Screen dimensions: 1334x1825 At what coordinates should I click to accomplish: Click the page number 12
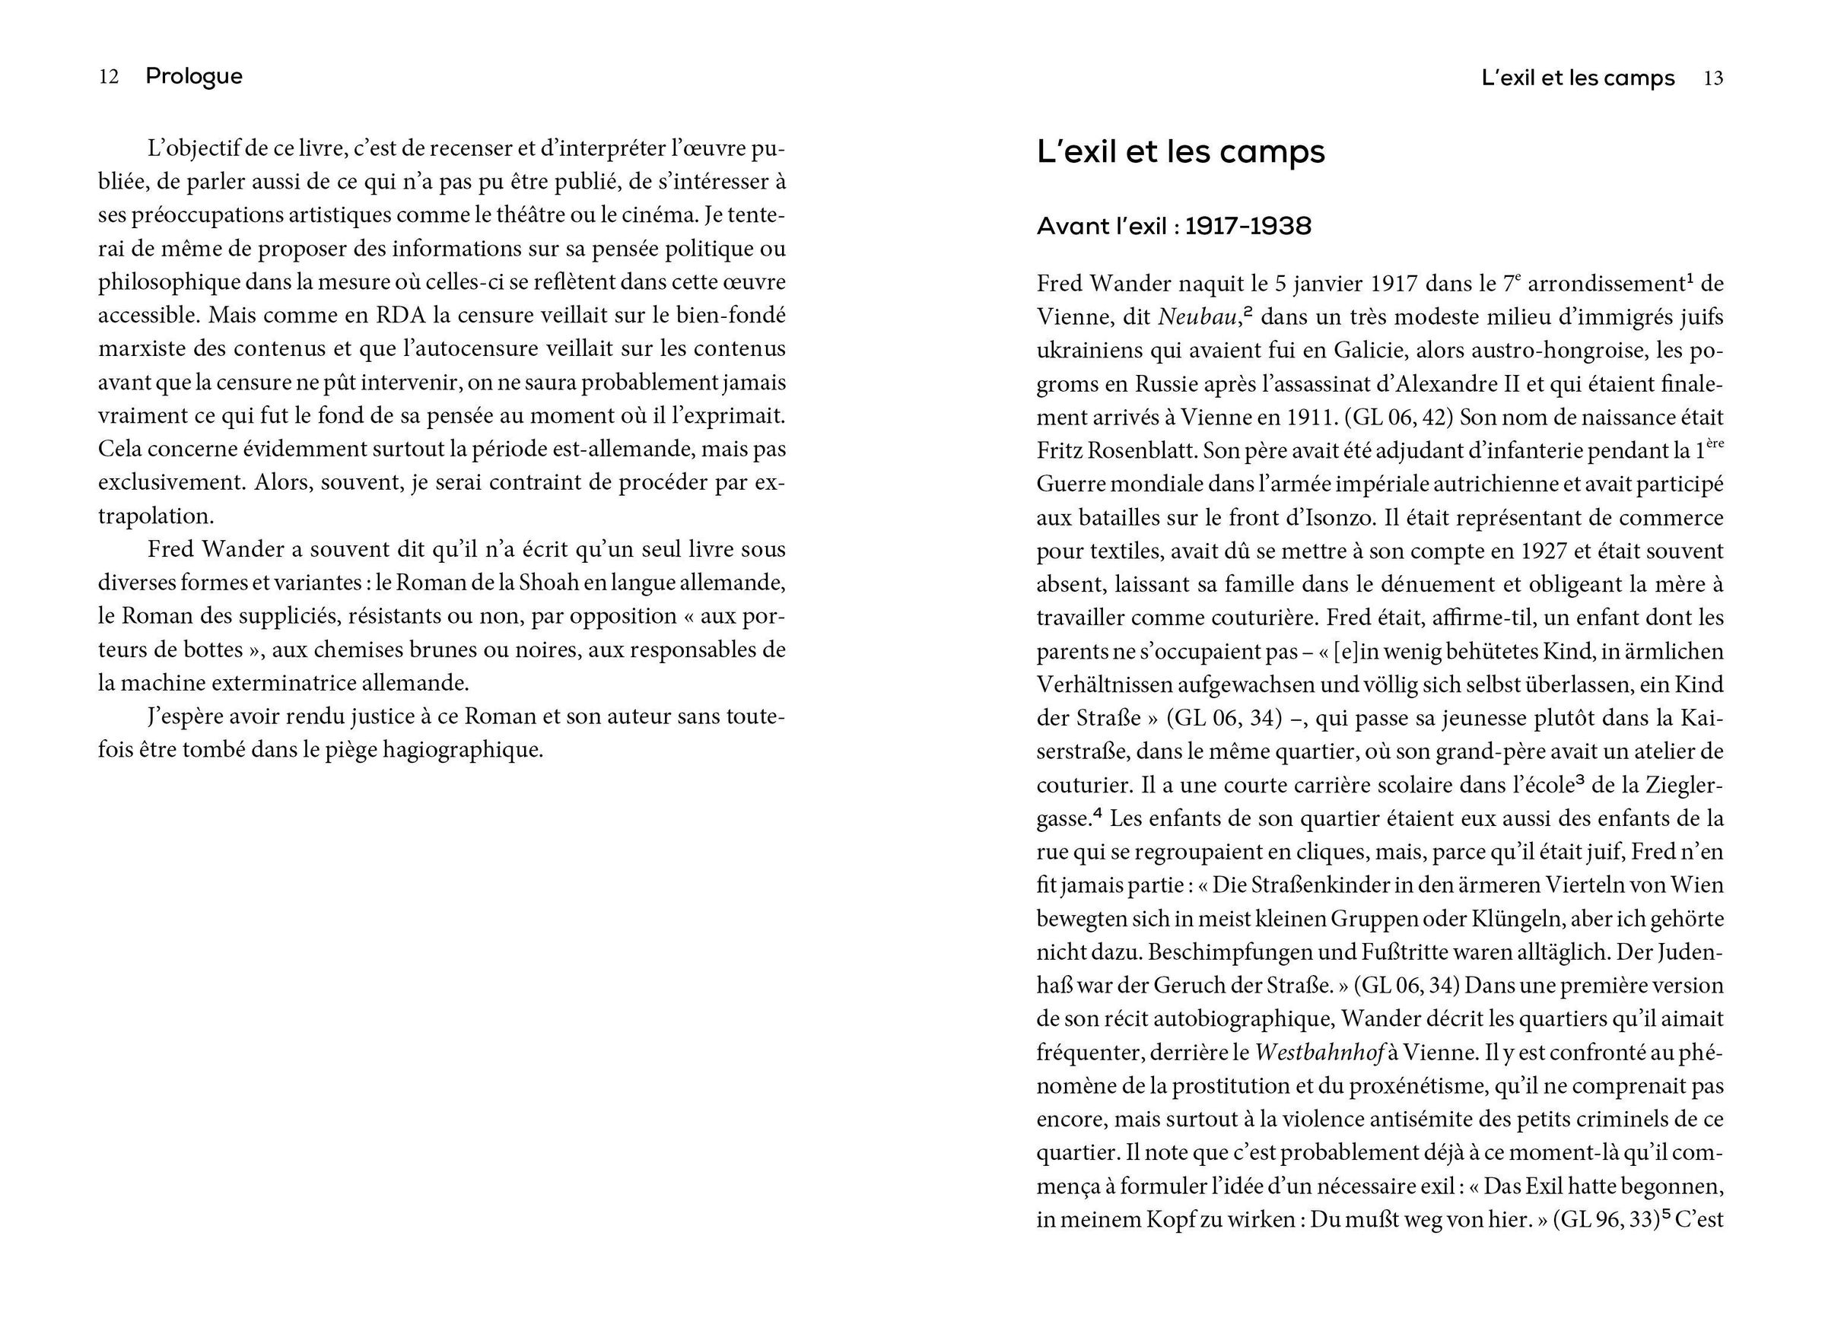pyautogui.click(x=109, y=77)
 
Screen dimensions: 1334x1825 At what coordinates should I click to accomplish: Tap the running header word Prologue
pyautogui.click(x=194, y=77)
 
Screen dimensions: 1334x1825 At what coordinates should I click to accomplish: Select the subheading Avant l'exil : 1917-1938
pyautogui.click(x=1173, y=226)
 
